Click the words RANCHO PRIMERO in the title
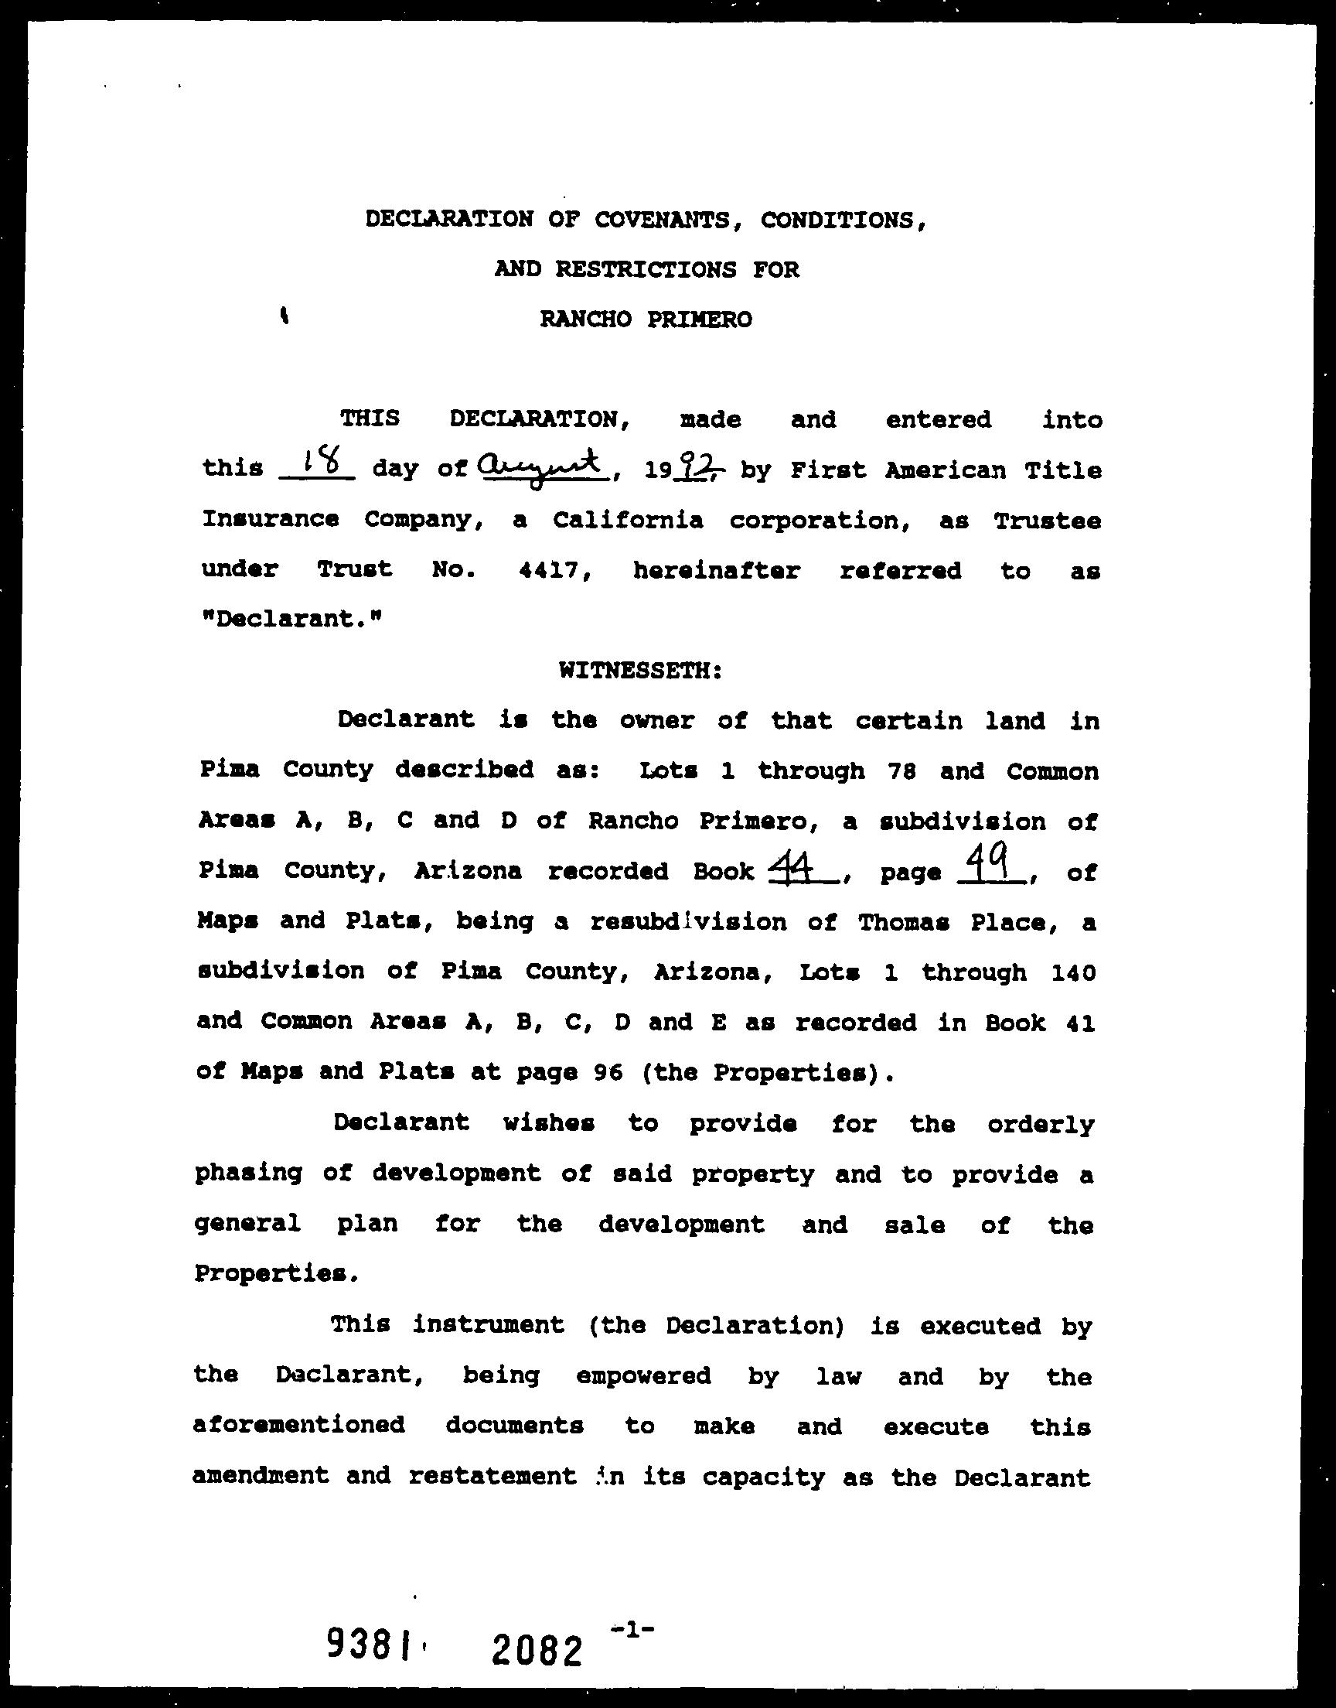[x=646, y=319]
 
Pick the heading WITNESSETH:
[x=641, y=671]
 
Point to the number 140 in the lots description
[x=1073, y=972]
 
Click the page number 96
[x=607, y=1072]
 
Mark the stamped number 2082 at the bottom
[x=538, y=1650]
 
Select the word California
[x=627, y=521]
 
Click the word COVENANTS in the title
[x=663, y=220]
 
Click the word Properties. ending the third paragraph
[x=277, y=1274]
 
